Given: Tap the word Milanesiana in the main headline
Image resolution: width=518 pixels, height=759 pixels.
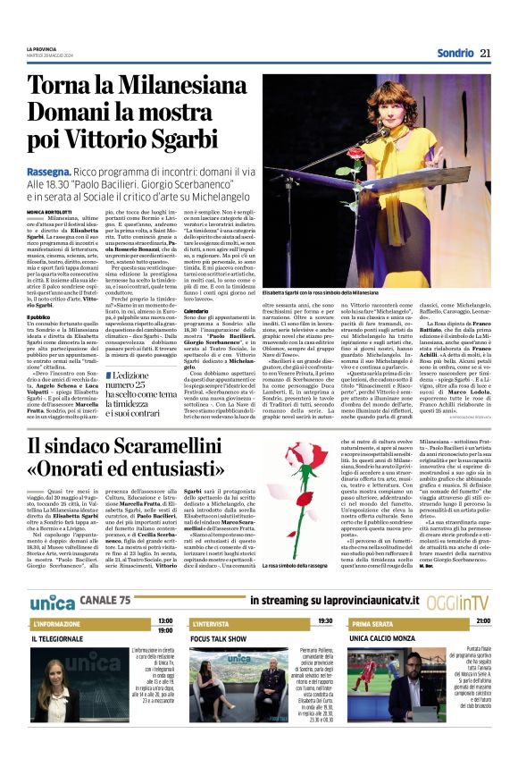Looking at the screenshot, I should tap(169, 86).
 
